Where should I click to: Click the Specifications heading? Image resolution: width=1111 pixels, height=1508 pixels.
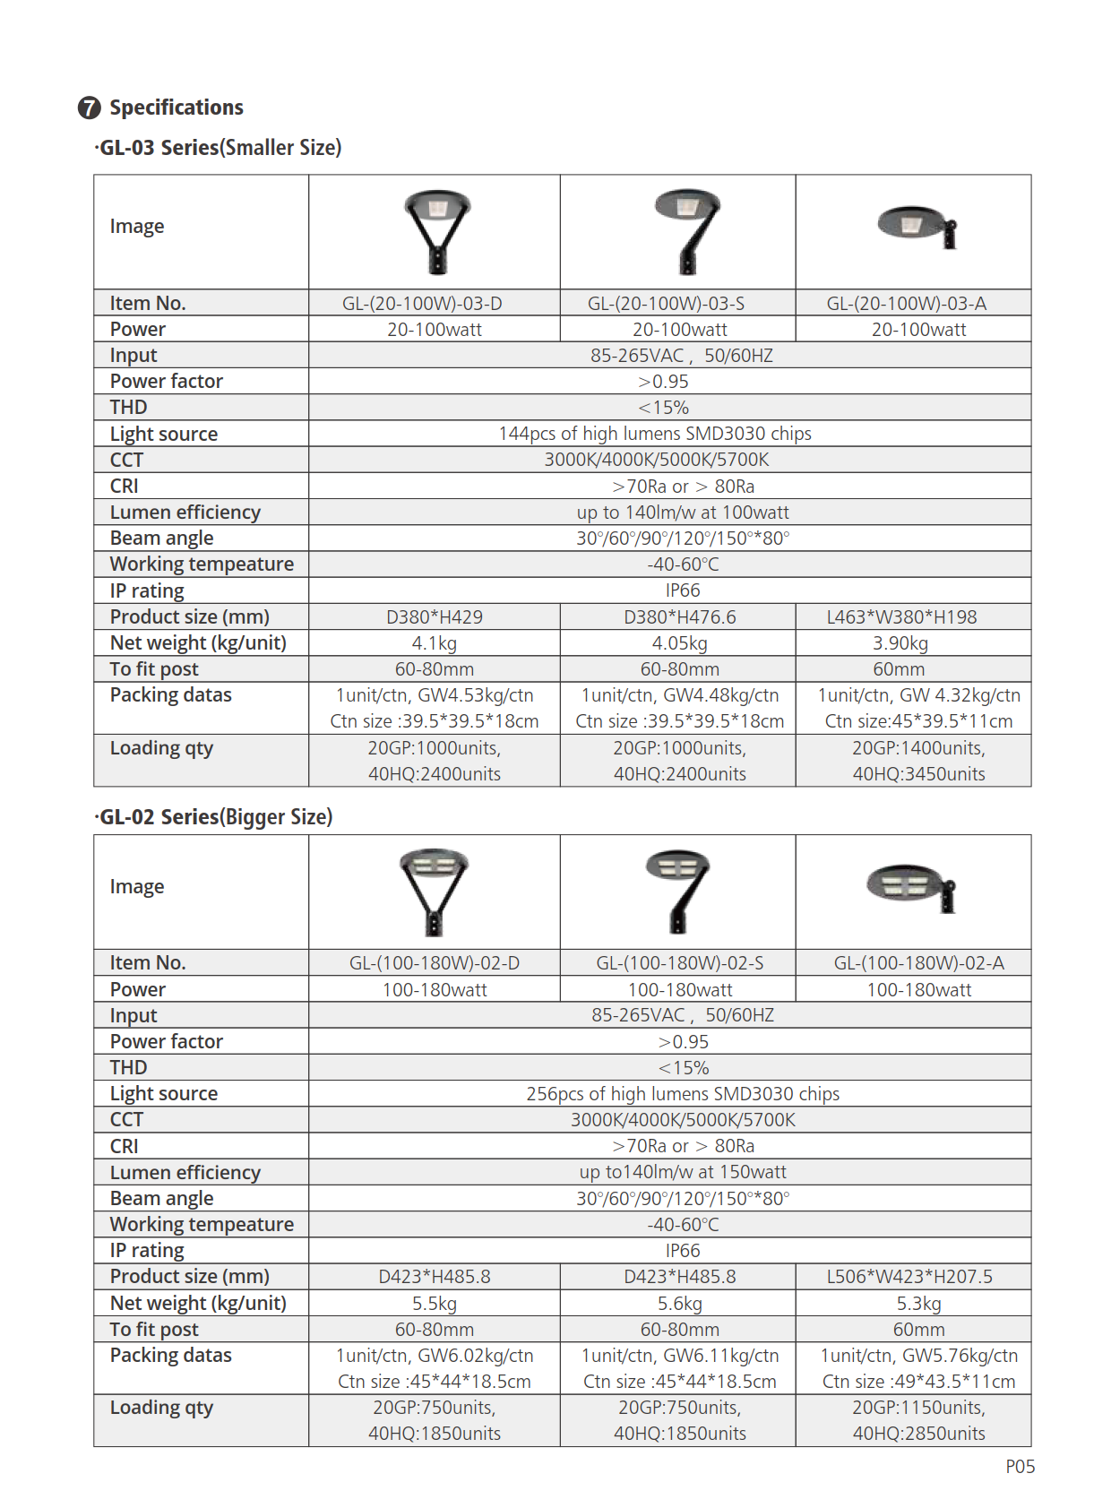tap(176, 108)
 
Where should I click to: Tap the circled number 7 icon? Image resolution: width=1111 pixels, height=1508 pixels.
tap(90, 108)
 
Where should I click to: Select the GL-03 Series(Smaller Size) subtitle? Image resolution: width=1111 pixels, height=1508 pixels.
tap(220, 148)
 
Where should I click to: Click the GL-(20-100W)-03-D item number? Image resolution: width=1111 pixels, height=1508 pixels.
tap(422, 304)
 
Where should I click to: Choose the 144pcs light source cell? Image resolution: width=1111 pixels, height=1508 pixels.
tap(655, 434)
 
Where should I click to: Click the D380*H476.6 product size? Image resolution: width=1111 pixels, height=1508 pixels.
tap(679, 617)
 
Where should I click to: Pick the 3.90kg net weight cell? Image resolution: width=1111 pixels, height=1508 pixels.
tap(900, 643)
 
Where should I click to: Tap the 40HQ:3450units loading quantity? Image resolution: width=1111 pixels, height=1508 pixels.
tap(918, 774)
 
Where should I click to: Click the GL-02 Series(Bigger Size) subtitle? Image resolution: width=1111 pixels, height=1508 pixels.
tap(215, 817)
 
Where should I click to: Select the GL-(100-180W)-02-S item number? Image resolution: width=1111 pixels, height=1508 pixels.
tap(680, 963)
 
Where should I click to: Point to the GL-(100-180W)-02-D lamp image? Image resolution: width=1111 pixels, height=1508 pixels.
tap(434, 892)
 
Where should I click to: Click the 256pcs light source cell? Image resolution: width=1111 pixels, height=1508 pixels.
tap(683, 1094)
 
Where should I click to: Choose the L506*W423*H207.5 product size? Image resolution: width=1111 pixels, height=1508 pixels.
tap(909, 1277)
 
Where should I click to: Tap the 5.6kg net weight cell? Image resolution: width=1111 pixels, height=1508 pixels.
tap(680, 1304)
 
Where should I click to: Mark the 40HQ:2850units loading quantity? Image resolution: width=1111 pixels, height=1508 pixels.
tap(918, 1434)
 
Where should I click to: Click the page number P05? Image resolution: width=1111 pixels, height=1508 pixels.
tap(1020, 1467)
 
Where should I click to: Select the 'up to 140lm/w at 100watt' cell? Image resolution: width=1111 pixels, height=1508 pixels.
tap(683, 513)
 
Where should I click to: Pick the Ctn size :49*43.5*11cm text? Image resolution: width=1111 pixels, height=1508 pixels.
tap(918, 1382)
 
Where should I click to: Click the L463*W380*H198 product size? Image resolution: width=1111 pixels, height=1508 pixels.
tap(901, 617)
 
